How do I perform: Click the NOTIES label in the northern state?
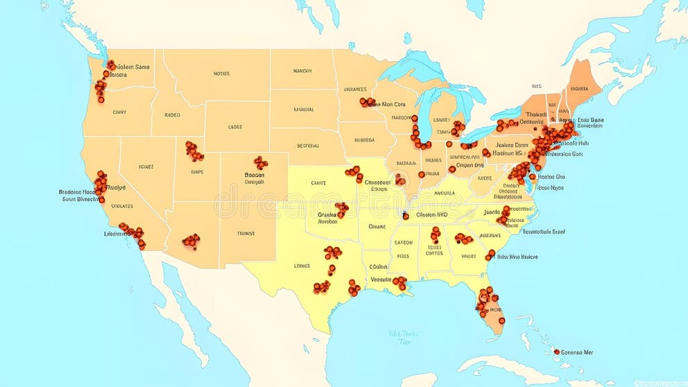tap(221, 74)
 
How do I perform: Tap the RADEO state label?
tap(172, 115)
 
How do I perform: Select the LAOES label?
tap(234, 128)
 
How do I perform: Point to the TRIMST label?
tap(246, 234)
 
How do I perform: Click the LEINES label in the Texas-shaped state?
tap(302, 266)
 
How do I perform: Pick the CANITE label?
tap(318, 183)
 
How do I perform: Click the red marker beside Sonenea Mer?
tap(556, 352)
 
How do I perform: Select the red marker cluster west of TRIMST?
tap(191, 241)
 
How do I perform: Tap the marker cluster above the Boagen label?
tap(261, 163)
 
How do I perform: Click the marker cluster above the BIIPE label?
tap(193, 150)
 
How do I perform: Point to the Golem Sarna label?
tap(132, 67)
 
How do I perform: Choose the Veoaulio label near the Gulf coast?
tap(380, 279)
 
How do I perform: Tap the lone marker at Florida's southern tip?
tap(501, 320)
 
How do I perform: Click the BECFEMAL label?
tap(308, 146)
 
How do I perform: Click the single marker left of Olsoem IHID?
tap(406, 216)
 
